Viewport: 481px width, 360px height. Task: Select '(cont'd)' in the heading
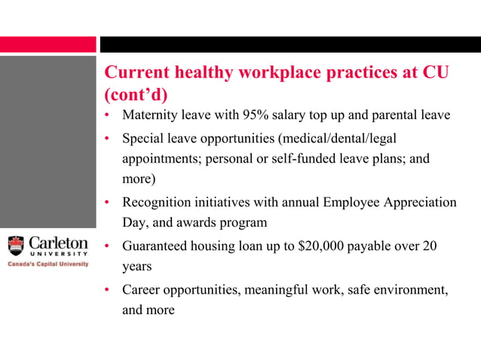point(135,96)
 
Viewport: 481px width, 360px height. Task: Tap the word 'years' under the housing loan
point(136,267)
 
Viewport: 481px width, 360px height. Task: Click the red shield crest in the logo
point(16,246)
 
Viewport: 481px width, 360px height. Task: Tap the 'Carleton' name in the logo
point(58,243)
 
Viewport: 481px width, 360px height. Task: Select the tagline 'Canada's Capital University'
point(47,264)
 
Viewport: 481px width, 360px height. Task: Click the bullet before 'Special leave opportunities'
point(108,139)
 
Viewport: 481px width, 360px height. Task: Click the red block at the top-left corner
point(48,44)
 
